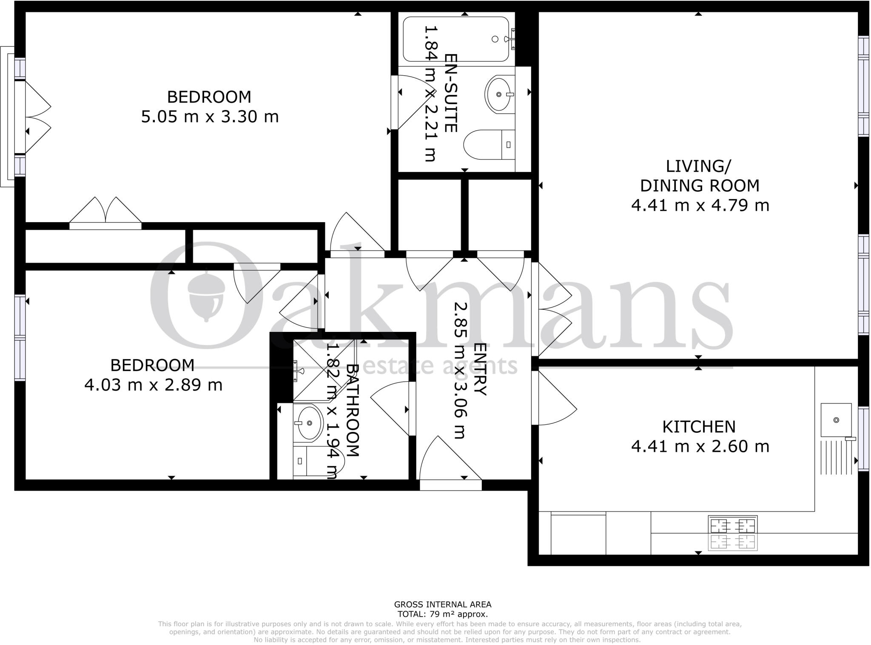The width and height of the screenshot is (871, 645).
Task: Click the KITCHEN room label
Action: [699, 427]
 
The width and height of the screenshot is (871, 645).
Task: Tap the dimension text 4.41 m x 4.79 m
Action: [700, 205]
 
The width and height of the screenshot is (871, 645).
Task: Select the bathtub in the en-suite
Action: [456, 39]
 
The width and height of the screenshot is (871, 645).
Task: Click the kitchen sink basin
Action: [836, 420]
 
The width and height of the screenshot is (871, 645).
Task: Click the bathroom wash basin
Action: [308, 423]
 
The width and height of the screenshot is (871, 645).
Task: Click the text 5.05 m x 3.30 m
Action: [210, 117]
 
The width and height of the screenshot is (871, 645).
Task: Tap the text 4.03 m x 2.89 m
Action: [153, 385]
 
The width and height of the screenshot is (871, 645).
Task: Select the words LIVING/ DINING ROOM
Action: [700, 176]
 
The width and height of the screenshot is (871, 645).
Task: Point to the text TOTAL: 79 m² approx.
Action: [442, 614]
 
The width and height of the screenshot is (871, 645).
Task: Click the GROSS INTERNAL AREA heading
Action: [442, 604]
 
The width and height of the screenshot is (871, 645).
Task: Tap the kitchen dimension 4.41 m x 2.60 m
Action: [700, 446]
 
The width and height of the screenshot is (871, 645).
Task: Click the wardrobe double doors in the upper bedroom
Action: [105, 211]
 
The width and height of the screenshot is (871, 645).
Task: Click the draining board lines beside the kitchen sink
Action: [836, 457]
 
